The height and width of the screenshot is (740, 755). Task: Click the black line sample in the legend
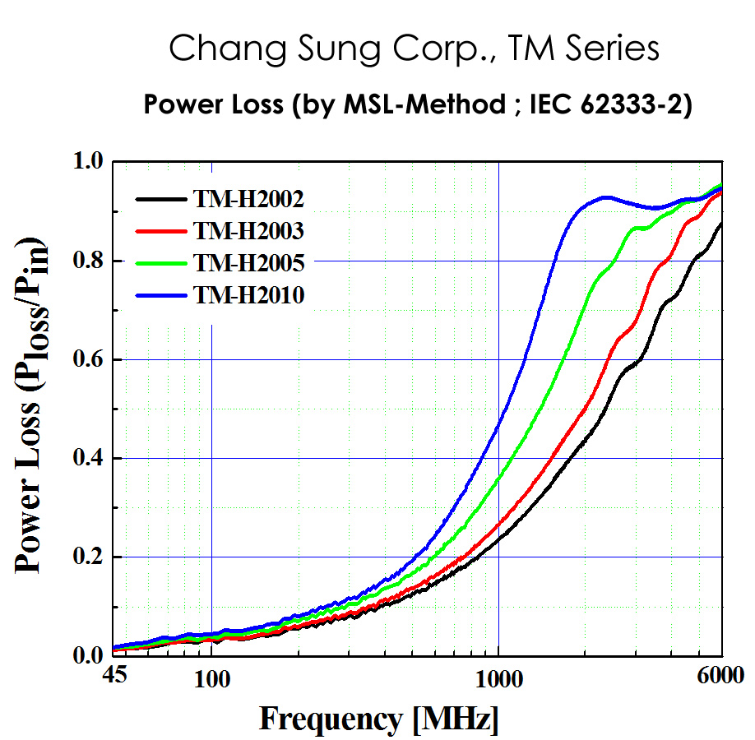pos(160,198)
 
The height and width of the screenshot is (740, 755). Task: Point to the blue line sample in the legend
pos(160,294)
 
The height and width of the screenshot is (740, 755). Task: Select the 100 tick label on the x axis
pos(211,682)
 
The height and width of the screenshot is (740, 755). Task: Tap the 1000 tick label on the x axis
pos(498,682)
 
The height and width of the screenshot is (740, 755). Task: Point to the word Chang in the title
pos(216,50)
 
